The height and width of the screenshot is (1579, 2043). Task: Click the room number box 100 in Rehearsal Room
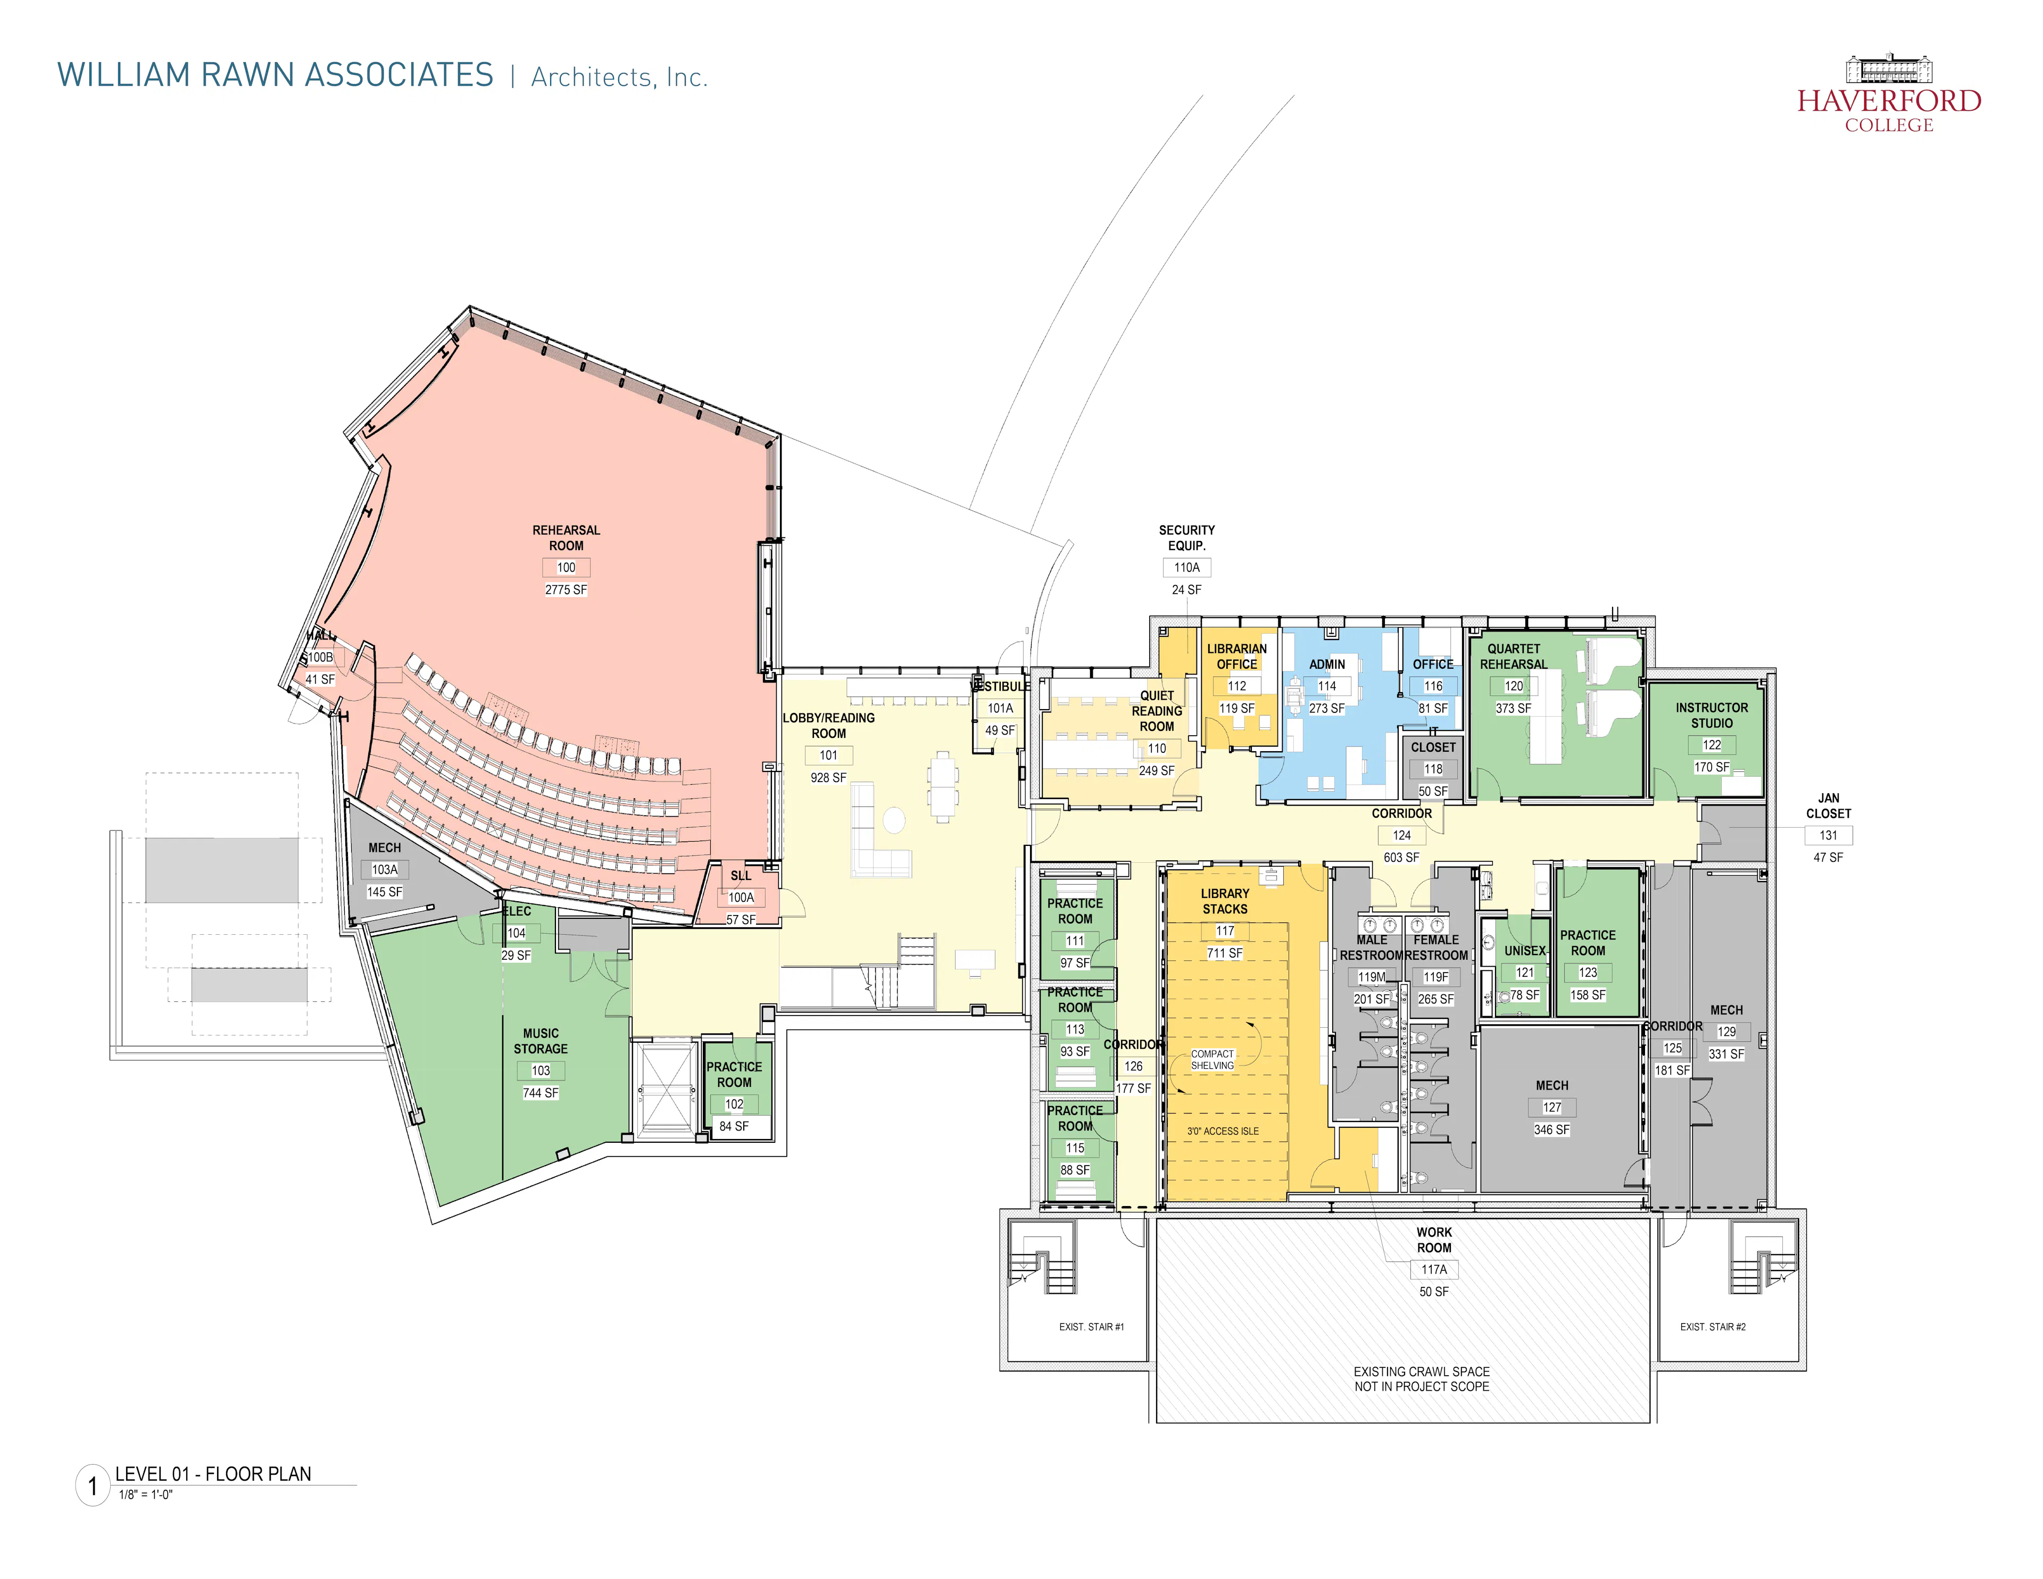point(566,568)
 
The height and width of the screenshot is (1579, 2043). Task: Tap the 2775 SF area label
point(566,590)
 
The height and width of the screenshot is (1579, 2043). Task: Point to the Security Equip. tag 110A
point(1186,568)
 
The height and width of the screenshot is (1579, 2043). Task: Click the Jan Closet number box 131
point(1828,835)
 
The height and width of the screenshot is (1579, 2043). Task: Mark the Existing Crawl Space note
point(1421,1379)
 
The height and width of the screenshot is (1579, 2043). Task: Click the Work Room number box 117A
point(1433,1269)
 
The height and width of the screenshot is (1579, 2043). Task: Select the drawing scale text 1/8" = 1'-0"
point(146,1495)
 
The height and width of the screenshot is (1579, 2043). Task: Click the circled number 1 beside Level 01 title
point(93,1485)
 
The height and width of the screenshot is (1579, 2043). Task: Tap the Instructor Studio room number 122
point(1711,745)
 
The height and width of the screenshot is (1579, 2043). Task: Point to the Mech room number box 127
point(1551,1108)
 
